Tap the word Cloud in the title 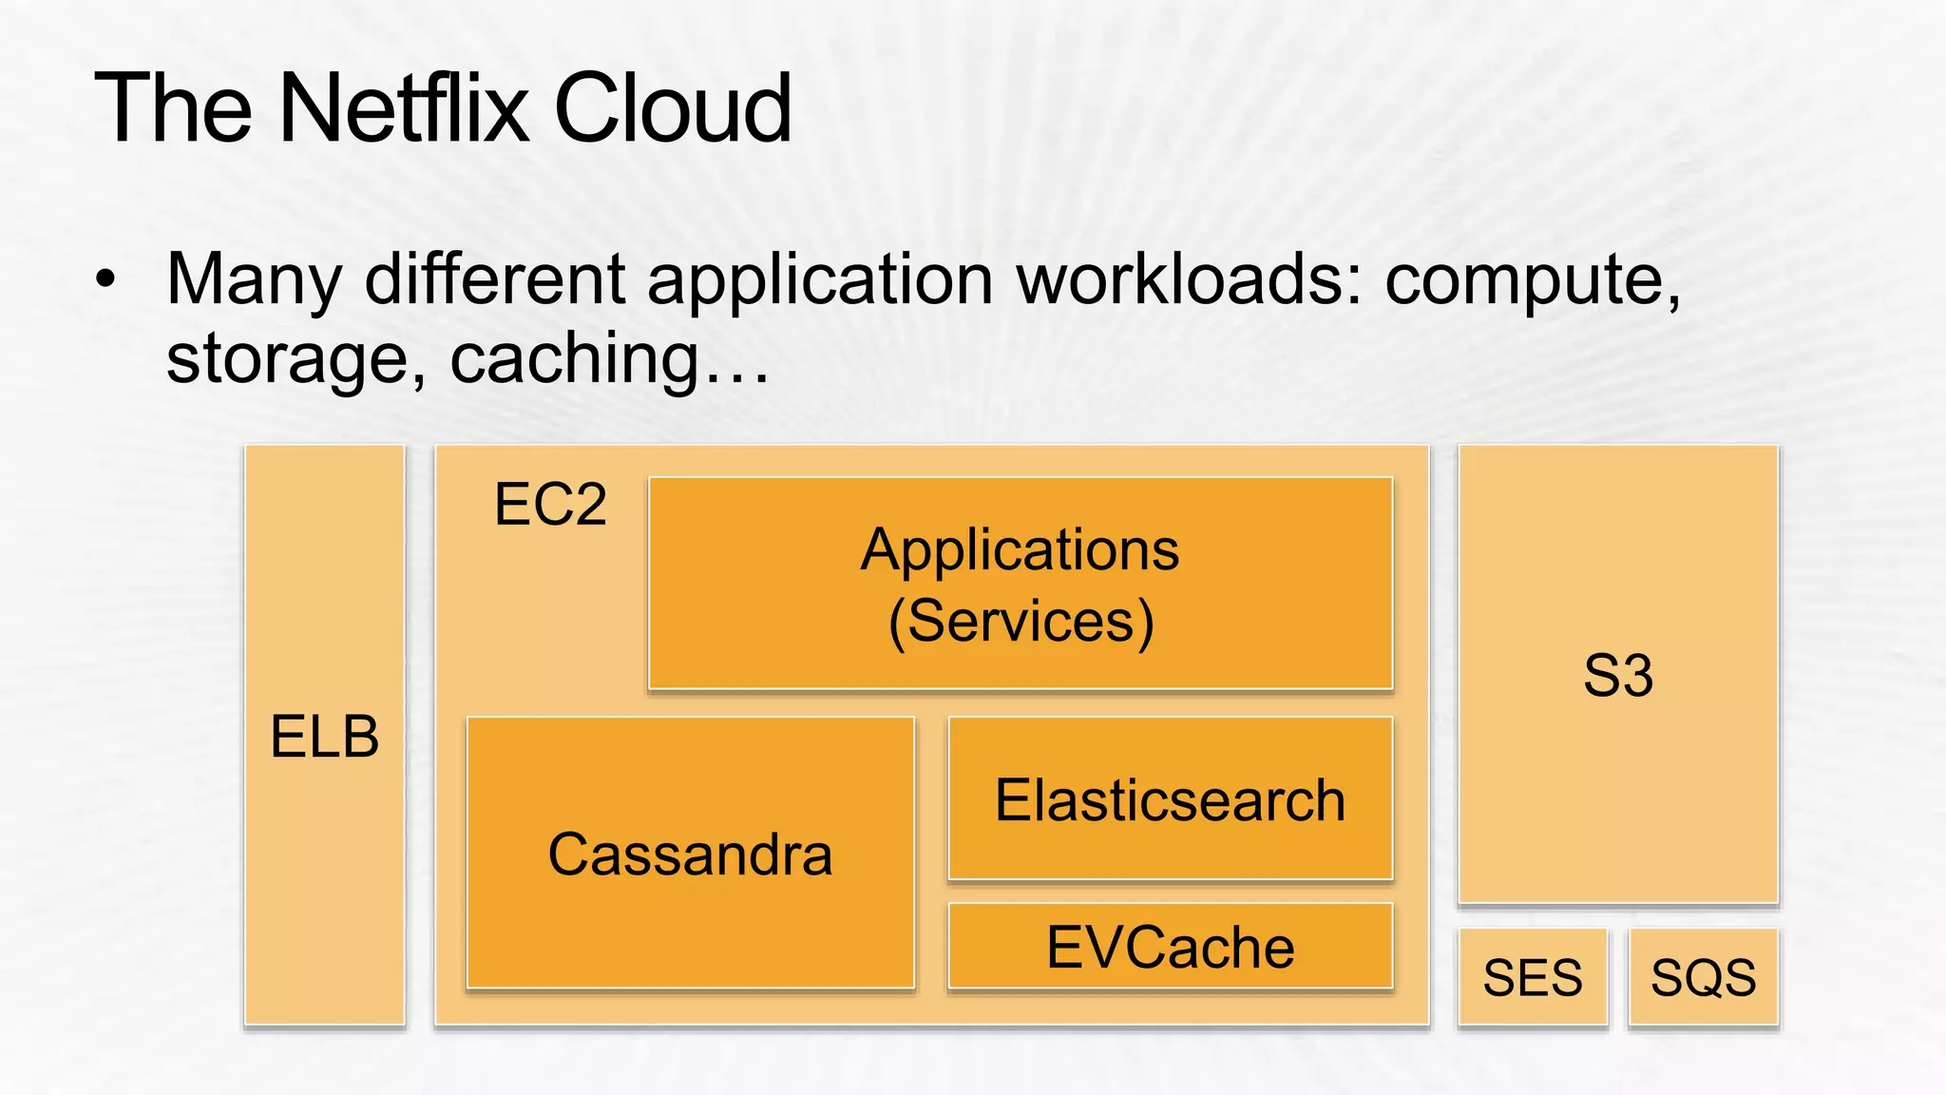[672, 108]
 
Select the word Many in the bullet [254, 279]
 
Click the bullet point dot [105, 279]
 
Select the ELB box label [325, 737]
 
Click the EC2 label [550, 504]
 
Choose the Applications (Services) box [1021, 584]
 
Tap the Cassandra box [691, 853]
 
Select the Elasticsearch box [1170, 798]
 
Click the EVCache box [1170, 947]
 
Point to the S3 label [1618, 676]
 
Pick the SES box [1533, 977]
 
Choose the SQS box [1703, 977]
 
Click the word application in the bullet [820, 279]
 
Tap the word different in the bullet [494, 279]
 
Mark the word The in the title [174, 108]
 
